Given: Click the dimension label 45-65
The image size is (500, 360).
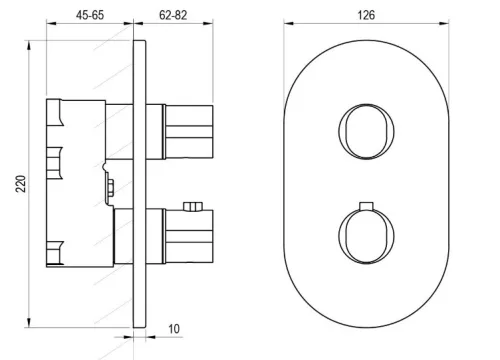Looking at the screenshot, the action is point(90,15).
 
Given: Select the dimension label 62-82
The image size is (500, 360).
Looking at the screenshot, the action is point(173,15).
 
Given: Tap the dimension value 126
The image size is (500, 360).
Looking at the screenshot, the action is point(366,15).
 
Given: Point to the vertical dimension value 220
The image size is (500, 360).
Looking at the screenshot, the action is point(21,184).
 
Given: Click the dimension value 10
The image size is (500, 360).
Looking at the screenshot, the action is point(174,329).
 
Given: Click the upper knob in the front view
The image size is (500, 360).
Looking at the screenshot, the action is point(366,131).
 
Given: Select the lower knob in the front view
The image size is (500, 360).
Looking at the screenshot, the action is point(366,236).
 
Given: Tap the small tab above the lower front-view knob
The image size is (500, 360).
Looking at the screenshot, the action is point(366,206).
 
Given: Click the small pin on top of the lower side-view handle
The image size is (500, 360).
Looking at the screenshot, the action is point(193,206).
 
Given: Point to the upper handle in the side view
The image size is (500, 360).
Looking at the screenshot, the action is point(188,132).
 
